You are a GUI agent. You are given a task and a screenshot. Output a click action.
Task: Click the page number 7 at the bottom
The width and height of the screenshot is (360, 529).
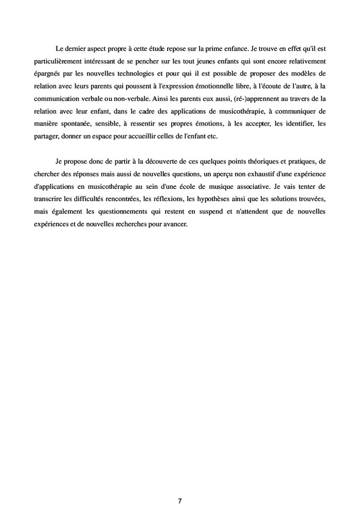(180, 501)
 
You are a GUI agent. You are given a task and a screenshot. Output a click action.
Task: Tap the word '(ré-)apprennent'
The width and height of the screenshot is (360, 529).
(243, 98)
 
